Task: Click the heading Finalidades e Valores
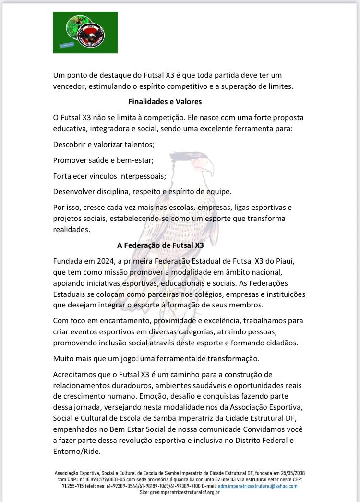(165, 101)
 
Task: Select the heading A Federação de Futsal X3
(160, 245)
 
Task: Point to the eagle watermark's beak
(210, 168)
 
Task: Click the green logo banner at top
(85, 32)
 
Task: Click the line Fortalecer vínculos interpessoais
(109, 175)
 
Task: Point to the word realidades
(72, 230)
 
